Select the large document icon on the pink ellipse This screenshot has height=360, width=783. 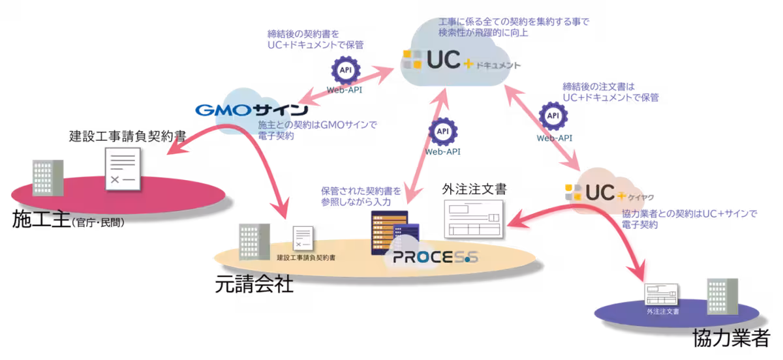(123, 168)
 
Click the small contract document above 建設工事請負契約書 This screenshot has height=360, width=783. (302, 238)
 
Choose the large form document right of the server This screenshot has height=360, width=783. (474, 218)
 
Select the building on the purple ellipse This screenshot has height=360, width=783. (723, 297)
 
